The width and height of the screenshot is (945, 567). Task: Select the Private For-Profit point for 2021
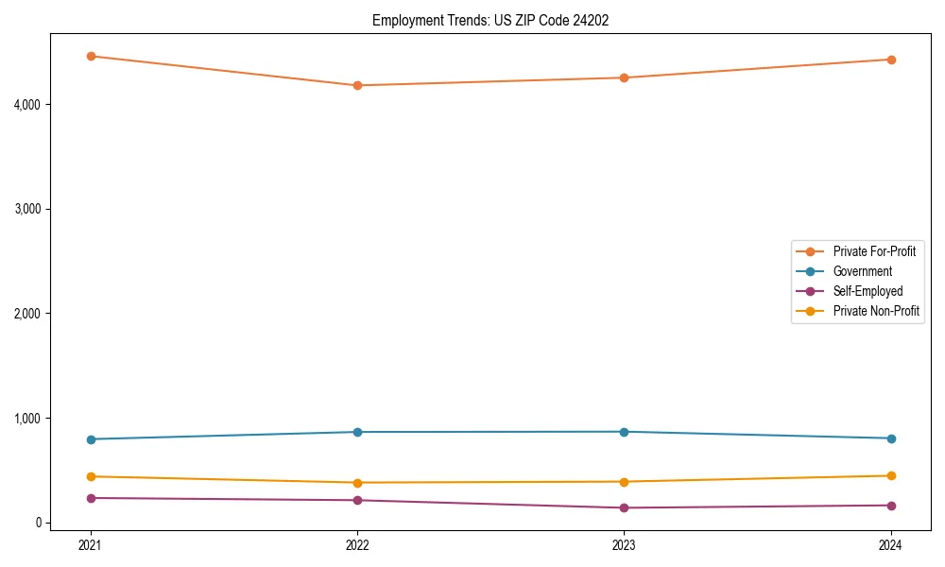pos(91,56)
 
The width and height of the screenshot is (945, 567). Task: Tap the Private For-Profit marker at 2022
pos(357,85)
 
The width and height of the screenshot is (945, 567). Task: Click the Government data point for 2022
pos(357,432)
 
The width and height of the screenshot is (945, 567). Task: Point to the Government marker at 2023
pos(624,432)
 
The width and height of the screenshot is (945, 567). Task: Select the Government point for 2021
pos(91,439)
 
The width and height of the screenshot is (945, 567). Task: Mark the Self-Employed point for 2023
pos(624,507)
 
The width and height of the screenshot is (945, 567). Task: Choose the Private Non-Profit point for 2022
pos(357,483)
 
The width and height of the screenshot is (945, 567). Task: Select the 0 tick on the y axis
pos(40,523)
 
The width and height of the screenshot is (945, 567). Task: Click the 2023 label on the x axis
pos(624,544)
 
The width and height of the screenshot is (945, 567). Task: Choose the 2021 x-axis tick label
pos(91,544)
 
